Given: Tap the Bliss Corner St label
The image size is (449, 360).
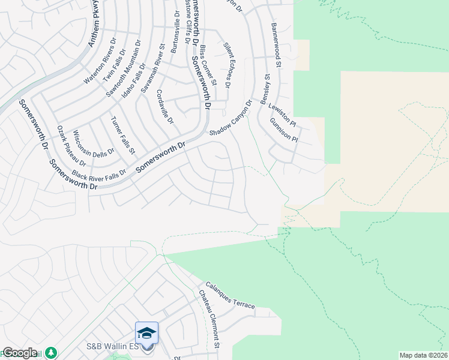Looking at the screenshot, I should (x=208, y=65).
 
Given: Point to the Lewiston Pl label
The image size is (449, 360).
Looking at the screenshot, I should (x=283, y=112).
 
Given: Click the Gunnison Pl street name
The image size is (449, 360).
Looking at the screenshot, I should (x=284, y=130).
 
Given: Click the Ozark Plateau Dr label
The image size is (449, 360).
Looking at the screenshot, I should (x=71, y=146).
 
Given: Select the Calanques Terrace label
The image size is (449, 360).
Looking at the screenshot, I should (x=231, y=296).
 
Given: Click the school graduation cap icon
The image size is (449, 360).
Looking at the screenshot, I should (x=147, y=332).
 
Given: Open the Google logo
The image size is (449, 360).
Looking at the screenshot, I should (x=20, y=353).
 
